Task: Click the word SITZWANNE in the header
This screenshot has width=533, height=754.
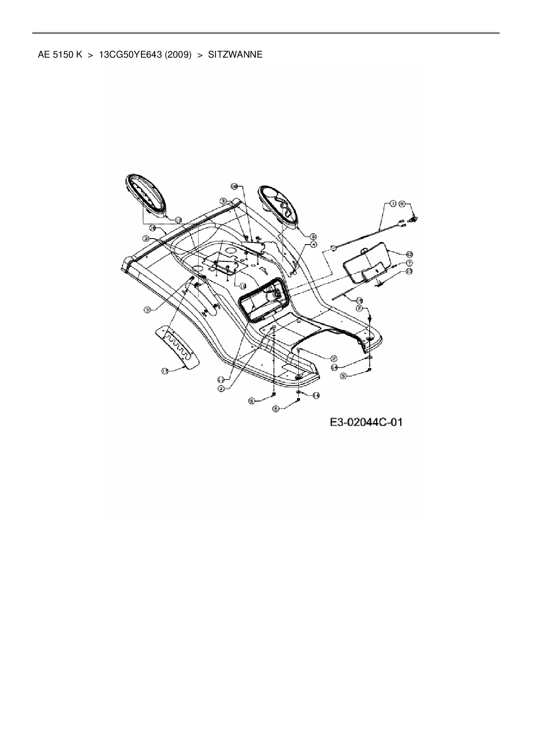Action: click(x=235, y=55)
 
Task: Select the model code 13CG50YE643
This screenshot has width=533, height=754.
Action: click(x=136, y=55)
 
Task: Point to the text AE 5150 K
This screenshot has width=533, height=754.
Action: click(x=60, y=55)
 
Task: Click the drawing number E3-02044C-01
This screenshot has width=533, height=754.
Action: click(x=366, y=422)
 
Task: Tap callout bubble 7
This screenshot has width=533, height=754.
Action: click(x=409, y=263)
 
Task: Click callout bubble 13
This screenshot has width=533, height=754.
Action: click(x=409, y=271)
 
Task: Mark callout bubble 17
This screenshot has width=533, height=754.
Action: click(x=165, y=371)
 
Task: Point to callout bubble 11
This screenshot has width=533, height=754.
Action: click(x=221, y=379)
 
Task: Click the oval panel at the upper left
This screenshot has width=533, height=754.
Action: click(x=146, y=198)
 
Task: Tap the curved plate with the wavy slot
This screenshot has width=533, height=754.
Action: click(x=178, y=346)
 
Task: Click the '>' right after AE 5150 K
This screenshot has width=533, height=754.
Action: click(x=90, y=55)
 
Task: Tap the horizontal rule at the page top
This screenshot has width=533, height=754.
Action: click(x=266, y=33)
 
